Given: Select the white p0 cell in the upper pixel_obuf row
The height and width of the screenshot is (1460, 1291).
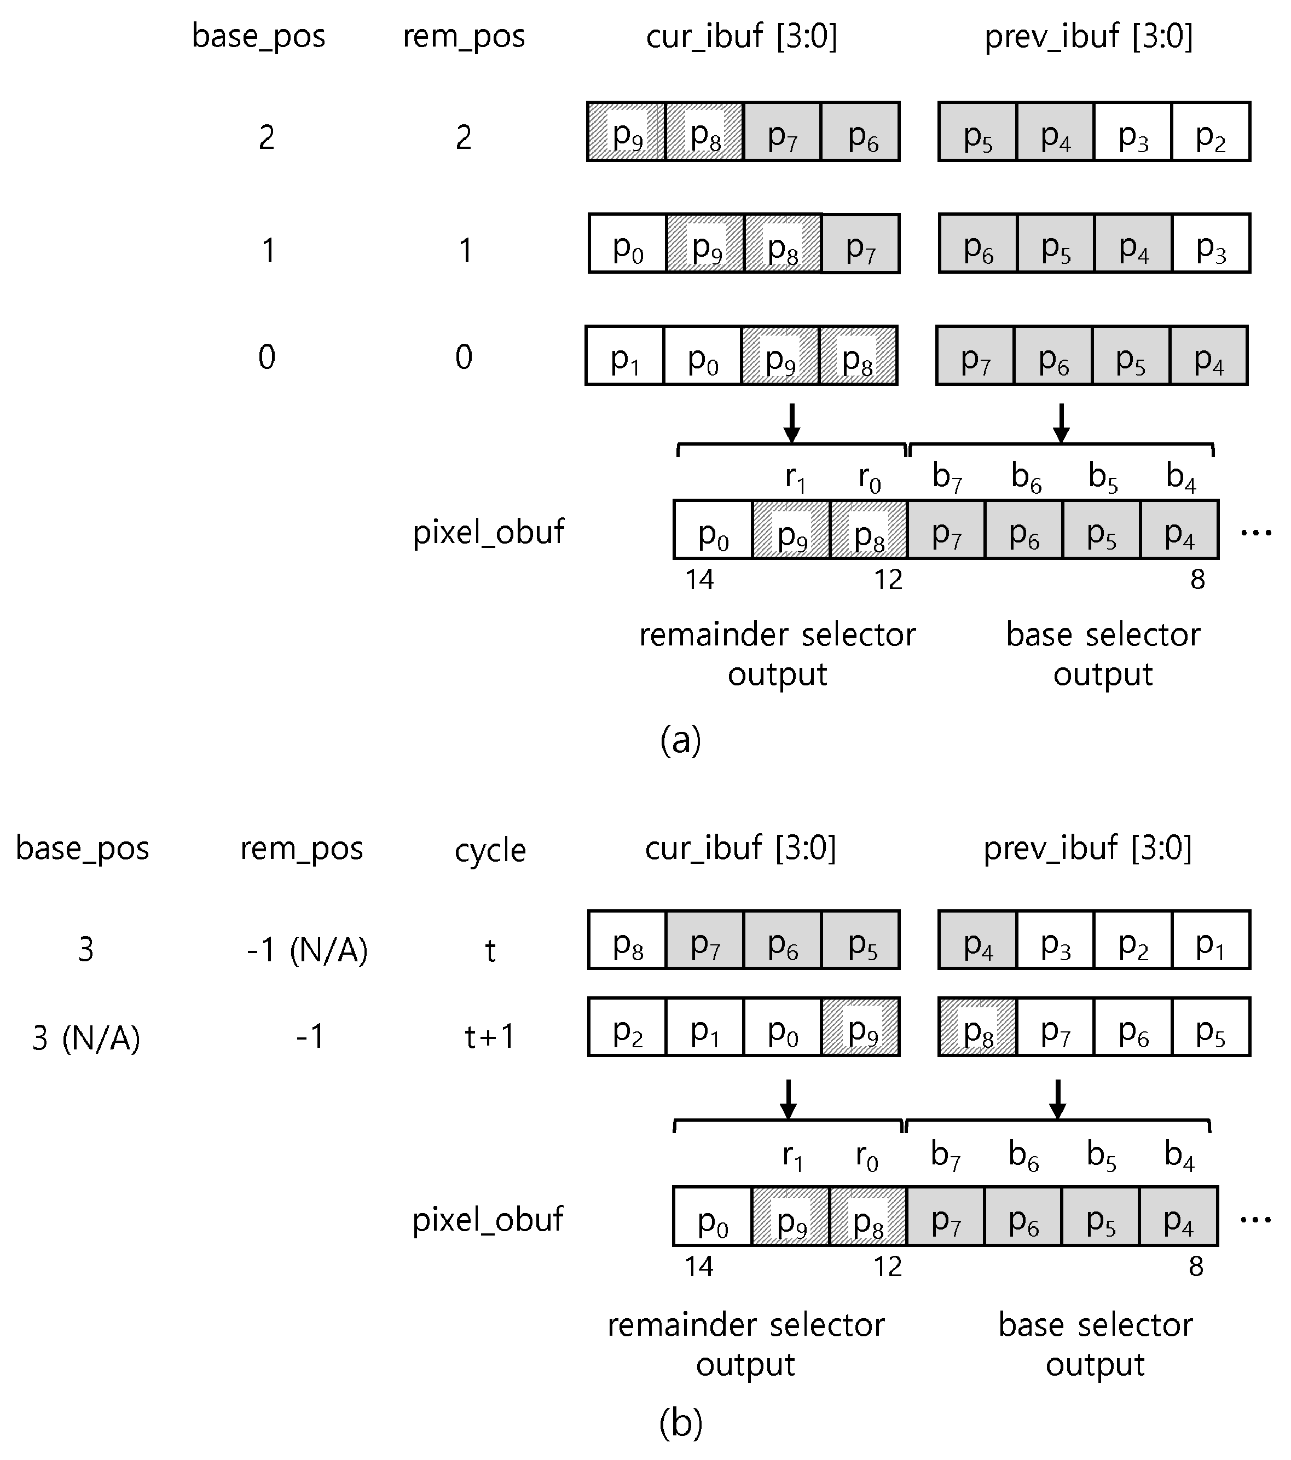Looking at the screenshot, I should tap(713, 530).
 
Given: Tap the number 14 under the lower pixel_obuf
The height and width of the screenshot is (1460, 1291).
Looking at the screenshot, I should tap(698, 1266).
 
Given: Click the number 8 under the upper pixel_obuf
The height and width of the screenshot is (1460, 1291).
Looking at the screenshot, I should tap(1197, 579).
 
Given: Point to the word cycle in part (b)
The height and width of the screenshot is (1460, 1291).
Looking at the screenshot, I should tap(490, 850).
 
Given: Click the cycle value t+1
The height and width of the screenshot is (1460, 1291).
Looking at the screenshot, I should tap(490, 1036).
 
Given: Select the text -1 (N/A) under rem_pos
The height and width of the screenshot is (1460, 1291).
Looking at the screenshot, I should tap(307, 950).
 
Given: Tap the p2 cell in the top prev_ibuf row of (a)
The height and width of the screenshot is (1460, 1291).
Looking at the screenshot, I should tap(1211, 132).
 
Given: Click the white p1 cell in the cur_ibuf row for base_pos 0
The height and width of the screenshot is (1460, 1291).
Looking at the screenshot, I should tap(625, 356).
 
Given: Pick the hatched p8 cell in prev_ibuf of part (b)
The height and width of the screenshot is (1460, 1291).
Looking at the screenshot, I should tap(977, 1027).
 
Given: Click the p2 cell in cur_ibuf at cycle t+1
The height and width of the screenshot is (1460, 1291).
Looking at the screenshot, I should tap(627, 1027).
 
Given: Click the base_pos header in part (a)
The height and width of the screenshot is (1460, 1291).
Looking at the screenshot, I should tap(258, 36).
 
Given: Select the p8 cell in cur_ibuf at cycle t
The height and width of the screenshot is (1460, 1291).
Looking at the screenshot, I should tap(627, 940).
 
